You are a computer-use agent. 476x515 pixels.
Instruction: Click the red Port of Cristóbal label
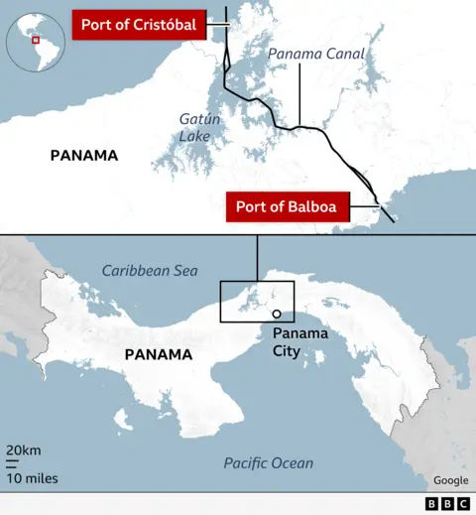click(138, 25)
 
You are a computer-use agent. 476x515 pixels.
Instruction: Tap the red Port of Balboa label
click(286, 207)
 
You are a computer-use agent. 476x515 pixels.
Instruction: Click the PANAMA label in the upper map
click(84, 155)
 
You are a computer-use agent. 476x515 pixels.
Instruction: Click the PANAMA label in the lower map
click(159, 354)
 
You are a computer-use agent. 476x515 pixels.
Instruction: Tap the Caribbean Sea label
click(150, 270)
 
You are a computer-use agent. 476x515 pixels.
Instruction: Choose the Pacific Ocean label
click(268, 463)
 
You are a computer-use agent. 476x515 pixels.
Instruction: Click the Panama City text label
click(300, 341)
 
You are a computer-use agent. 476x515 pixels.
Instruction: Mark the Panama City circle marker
click(276, 314)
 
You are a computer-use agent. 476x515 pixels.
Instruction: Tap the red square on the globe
click(36, 41)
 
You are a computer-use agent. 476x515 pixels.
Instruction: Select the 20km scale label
click(24, 451)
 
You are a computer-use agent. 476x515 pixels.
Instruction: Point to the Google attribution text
click(450, 480)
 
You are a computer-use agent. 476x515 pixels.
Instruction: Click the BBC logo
click(448, 504)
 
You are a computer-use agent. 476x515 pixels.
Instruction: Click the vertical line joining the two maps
click(257, 258)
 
